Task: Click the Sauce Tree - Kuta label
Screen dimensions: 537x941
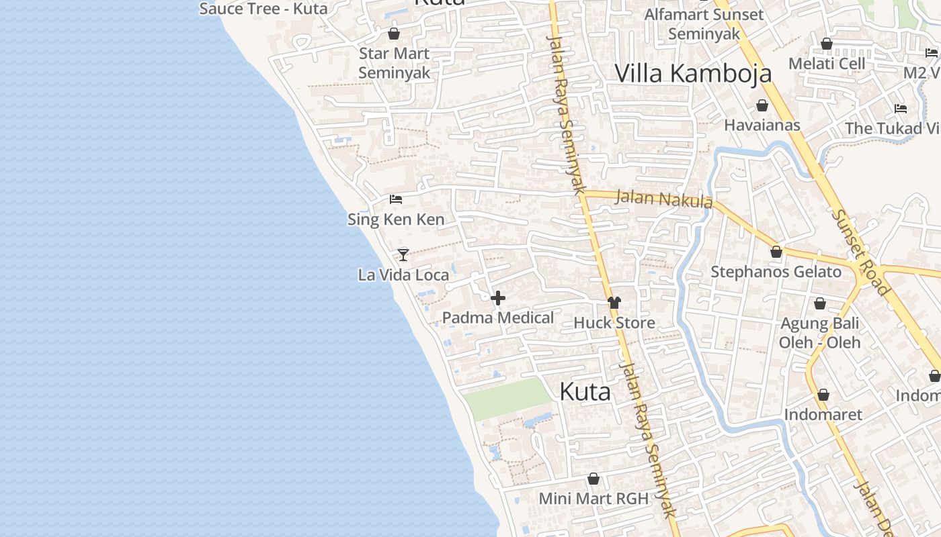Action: point(263,9)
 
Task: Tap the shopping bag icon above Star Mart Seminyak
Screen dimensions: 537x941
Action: point(394,34)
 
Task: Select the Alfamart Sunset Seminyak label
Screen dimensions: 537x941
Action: point(704,24)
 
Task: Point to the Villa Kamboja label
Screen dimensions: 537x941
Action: point(693,73)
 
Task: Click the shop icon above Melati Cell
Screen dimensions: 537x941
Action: point(827,44)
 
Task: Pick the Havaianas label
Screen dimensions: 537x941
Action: point(762,125)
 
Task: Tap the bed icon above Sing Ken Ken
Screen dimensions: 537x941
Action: point(396,199)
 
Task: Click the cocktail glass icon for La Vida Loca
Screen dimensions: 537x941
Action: point(403,255)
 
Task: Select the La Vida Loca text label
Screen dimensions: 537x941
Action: point(403,275)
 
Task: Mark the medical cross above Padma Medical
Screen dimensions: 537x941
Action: point(498,298)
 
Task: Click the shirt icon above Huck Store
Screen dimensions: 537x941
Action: point(614,303)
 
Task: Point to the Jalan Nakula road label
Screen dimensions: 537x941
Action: point(663,199)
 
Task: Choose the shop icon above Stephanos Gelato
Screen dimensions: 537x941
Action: point(776,252)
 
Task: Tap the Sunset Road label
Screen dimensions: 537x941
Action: point(860,252)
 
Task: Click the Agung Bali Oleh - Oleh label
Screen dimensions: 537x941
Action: point(819,333)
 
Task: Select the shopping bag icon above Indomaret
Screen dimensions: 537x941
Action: point(823,395)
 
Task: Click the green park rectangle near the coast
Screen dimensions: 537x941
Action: point(508,399)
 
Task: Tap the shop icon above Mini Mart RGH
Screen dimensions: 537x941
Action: point(594,479)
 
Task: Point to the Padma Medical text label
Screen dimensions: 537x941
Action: point(498,318)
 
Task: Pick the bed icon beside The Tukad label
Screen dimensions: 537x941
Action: point(901,109)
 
